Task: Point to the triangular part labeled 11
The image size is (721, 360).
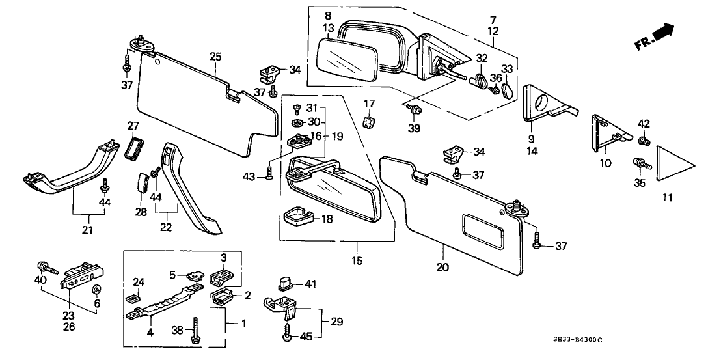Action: [x=668, y=164]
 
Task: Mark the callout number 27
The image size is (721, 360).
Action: [x=133, y=126]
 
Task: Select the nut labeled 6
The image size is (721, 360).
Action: [x=96, y=290]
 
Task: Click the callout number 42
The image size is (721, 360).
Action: [x=644, y=124]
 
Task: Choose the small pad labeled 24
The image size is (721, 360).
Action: [x=133, y=299]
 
